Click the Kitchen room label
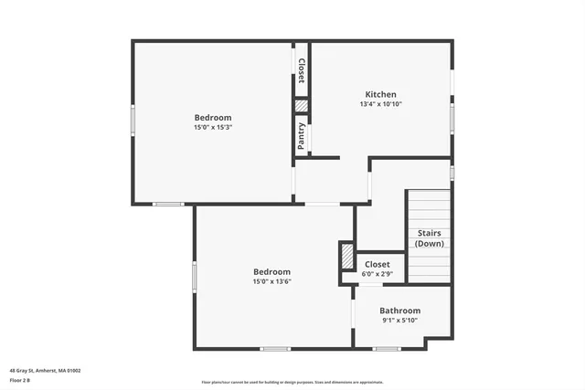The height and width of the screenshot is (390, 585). click(380, 94)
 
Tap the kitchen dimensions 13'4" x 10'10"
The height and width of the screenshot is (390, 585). click(380, 104)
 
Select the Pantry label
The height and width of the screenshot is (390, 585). click(302, 137)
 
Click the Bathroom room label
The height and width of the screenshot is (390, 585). click(400, 311)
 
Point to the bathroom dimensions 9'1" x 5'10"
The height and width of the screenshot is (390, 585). click(400, 321)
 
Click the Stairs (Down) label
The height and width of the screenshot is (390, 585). click(431, 238)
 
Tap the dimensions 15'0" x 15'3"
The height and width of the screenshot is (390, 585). click(212, 127)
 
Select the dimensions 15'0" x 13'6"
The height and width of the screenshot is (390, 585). click(271, 282)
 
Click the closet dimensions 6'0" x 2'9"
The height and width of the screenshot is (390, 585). click(377, 274)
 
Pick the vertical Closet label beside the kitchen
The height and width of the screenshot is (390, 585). click(302, 70)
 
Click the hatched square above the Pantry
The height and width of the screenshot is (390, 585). click(302, 105)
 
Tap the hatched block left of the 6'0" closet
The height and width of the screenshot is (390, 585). click(347, 256)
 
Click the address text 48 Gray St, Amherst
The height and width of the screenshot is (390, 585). click(45, 371)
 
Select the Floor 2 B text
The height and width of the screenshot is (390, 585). click(20, 380)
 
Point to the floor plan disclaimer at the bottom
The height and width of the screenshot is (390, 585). click(292, 383)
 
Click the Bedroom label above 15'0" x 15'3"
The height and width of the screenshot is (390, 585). click(212, 117)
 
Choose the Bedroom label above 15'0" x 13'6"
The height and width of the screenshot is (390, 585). click(271, 272)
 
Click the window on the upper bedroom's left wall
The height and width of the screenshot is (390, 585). click(133, 120)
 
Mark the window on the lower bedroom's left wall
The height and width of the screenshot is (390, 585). click(194, 277)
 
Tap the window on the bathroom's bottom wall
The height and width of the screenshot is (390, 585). click(387, 348)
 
